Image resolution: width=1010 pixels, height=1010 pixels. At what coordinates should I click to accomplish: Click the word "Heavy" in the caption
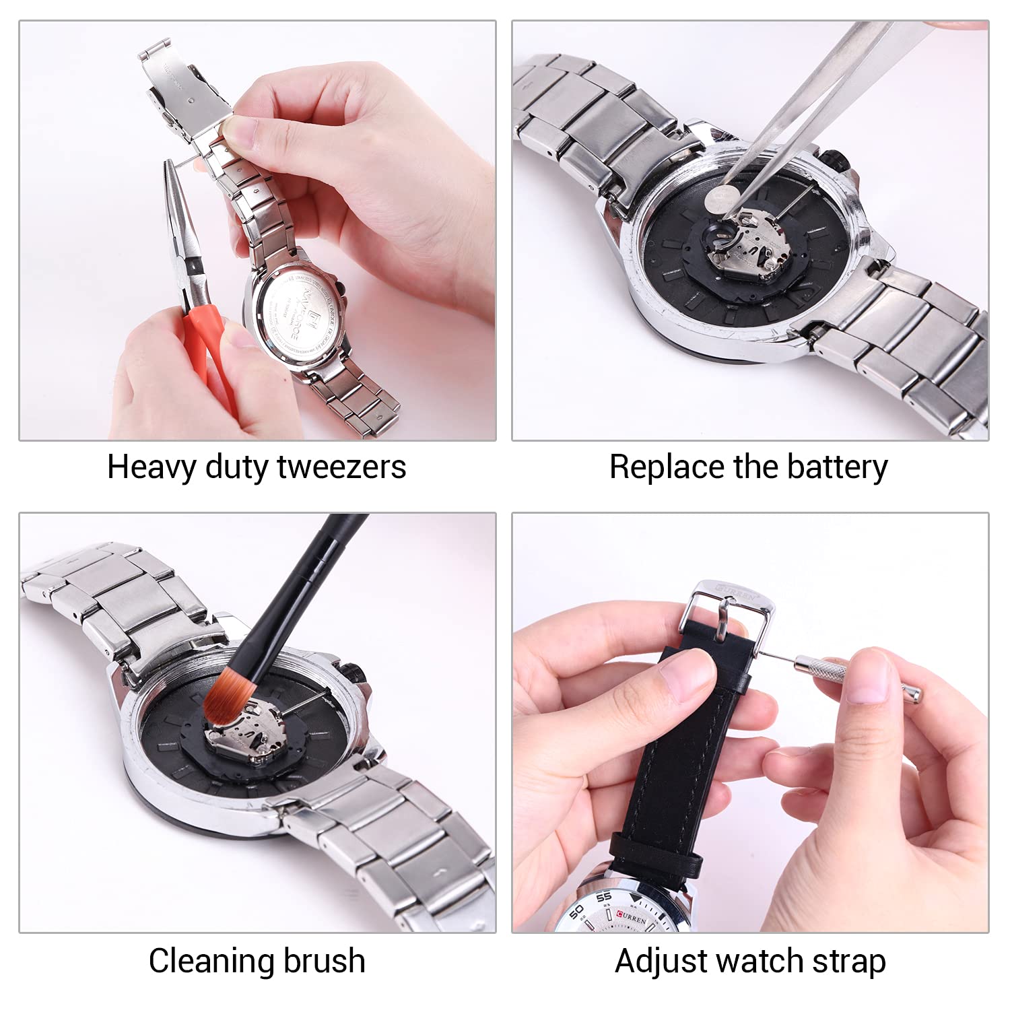(151, 467)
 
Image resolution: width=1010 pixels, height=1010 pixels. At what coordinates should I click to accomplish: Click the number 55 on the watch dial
(603, 897)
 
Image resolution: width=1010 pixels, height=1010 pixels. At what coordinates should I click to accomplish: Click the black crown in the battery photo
(839, 160)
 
